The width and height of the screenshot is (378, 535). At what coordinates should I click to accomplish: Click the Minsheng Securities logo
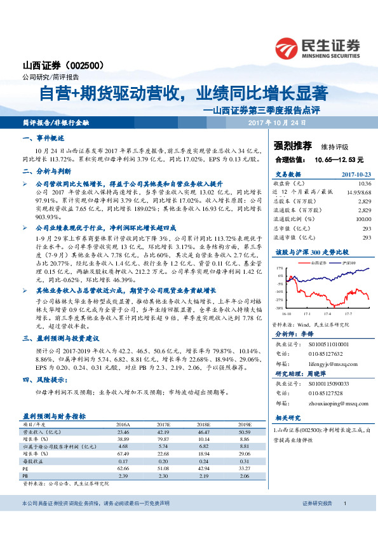coord(317,48)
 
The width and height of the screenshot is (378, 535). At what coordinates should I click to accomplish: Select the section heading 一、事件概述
coord(43,138)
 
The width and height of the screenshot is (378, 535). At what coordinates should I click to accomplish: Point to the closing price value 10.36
coord(365,183)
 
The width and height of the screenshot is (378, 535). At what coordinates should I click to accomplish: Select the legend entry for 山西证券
coord(317,262)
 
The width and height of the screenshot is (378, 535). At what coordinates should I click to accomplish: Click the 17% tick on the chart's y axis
coord(280,269)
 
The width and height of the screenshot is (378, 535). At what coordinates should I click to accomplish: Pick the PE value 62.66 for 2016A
coord(123,468)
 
